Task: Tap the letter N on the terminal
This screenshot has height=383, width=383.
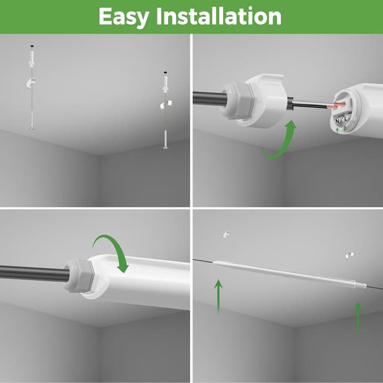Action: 338,121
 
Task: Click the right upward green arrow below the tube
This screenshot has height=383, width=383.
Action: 358,317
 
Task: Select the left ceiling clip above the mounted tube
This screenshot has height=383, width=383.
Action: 226,234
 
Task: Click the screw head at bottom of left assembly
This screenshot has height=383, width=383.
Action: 31,127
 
